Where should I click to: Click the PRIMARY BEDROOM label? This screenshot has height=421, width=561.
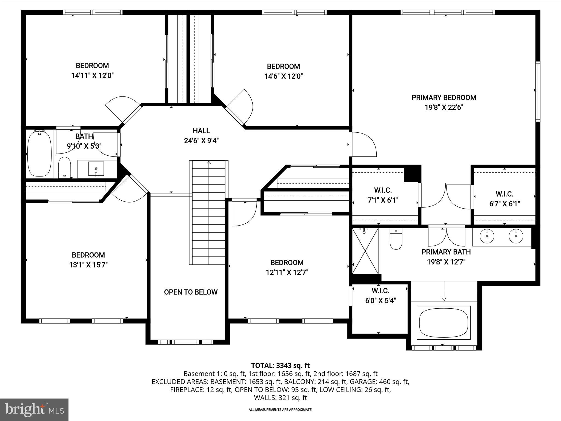tap(444, 98)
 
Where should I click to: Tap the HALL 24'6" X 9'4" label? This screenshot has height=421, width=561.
tap(201, 136)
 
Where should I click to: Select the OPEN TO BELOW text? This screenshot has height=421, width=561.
tap(191, 292)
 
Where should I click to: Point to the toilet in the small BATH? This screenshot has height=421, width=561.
tap(65, 167)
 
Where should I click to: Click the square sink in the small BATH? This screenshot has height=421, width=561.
tap(96, 169)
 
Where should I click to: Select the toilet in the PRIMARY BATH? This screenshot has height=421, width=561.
tap(396, 239)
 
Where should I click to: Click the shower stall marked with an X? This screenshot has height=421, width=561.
tap(365, 251)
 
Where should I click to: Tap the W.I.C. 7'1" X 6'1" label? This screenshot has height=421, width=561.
tap(383, 195)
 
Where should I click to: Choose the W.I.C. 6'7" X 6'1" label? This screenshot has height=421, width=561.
tap(504, 199)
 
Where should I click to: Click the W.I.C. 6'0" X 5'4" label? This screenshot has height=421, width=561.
tap(380, 295)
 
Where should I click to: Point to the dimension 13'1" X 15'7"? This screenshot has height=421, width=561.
tap(88, 265)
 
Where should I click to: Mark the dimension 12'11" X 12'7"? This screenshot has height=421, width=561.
tap(287, 272)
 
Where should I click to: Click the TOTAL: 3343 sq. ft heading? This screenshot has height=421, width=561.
tap(280, 365)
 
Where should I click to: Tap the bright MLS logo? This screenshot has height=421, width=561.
tap(34, 409)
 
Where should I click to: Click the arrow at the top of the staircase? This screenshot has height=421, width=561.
tap(209, 163)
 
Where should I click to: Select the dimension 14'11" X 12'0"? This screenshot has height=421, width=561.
tap(92, 76)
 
